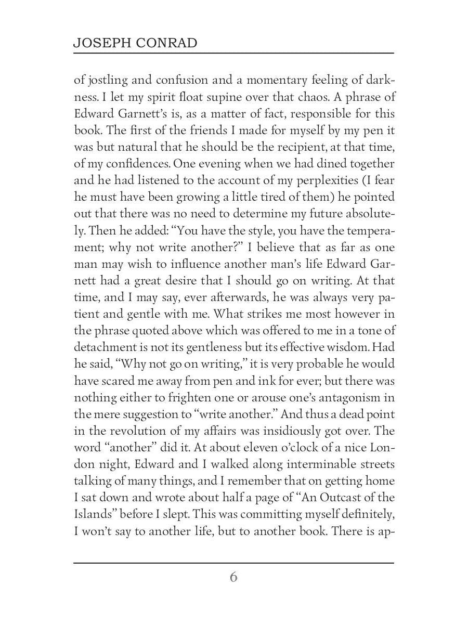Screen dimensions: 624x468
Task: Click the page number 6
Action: click(233, 577)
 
